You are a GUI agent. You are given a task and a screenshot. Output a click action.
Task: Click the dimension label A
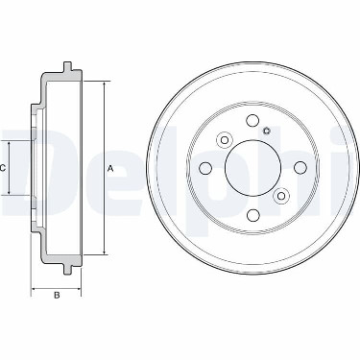click(x=110, y=168)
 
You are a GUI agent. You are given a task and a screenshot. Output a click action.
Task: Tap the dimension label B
click(x=57, y=295)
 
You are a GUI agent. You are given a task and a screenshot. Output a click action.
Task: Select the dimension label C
click(x=2, y=168)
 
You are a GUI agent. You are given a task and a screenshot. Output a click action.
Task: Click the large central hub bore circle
click(x=252, y=168)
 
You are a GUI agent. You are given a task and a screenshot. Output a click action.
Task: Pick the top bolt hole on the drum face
click(x=252, y=120)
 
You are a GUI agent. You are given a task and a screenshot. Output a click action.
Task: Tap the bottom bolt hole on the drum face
click(x=253, y=215)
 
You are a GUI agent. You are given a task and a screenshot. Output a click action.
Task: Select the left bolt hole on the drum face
click(x=205, y=168)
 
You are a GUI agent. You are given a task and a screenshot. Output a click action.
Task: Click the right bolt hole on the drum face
click(x=300, y=168)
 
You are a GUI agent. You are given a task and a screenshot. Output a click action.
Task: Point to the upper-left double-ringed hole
click(x=225, y=140)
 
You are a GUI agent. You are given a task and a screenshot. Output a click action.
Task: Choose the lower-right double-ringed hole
click(x=281, y=195)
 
